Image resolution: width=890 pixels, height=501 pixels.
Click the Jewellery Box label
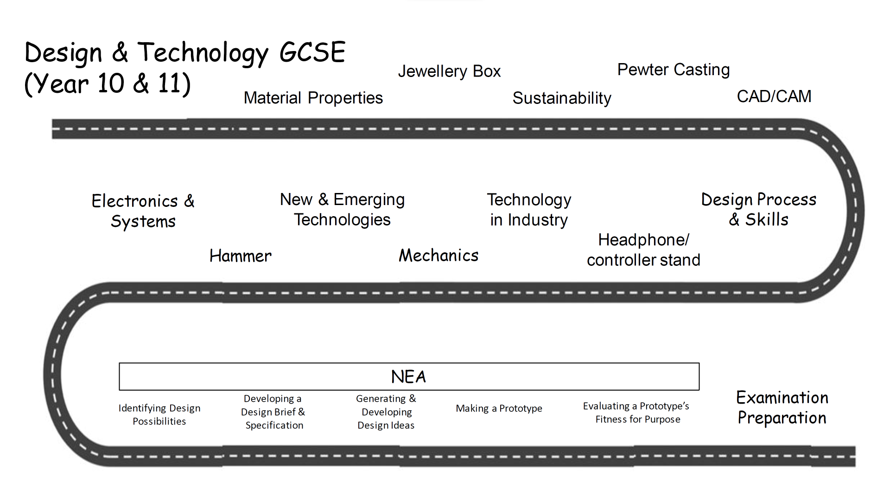click(449, 71)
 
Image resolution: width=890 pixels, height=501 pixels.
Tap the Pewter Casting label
click(674, 70)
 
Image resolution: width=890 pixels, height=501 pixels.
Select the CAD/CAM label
click(774, 96)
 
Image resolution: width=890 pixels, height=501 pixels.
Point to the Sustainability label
click(562, 98)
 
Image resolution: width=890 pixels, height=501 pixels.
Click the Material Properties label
click(313, 98)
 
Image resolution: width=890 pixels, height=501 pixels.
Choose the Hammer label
click(240, 256)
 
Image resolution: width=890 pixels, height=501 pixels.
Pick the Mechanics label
click(439, 255)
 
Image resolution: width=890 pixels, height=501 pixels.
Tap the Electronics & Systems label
click(143, 211)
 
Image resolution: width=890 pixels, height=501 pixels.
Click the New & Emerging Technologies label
click(342, 210)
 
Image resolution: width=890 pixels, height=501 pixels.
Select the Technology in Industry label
click(529, 210)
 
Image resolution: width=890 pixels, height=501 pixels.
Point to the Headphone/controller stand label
click(643, 250)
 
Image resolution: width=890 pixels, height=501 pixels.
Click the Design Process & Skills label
click(759, 209)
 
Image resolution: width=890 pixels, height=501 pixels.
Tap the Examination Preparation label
click(782, 408)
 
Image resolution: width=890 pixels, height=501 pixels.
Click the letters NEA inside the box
click(408, 377)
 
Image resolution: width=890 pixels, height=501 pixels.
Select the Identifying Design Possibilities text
click(159, 415)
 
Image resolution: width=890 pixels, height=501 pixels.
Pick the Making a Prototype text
click(499, 408)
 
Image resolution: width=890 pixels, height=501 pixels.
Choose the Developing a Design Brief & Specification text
click(273, 412)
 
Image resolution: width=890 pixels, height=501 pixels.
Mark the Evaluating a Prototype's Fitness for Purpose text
click(636, 412)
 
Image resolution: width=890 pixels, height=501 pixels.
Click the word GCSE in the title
click(312, 52)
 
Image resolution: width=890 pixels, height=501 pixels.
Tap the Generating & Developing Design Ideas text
click(386, 412)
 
